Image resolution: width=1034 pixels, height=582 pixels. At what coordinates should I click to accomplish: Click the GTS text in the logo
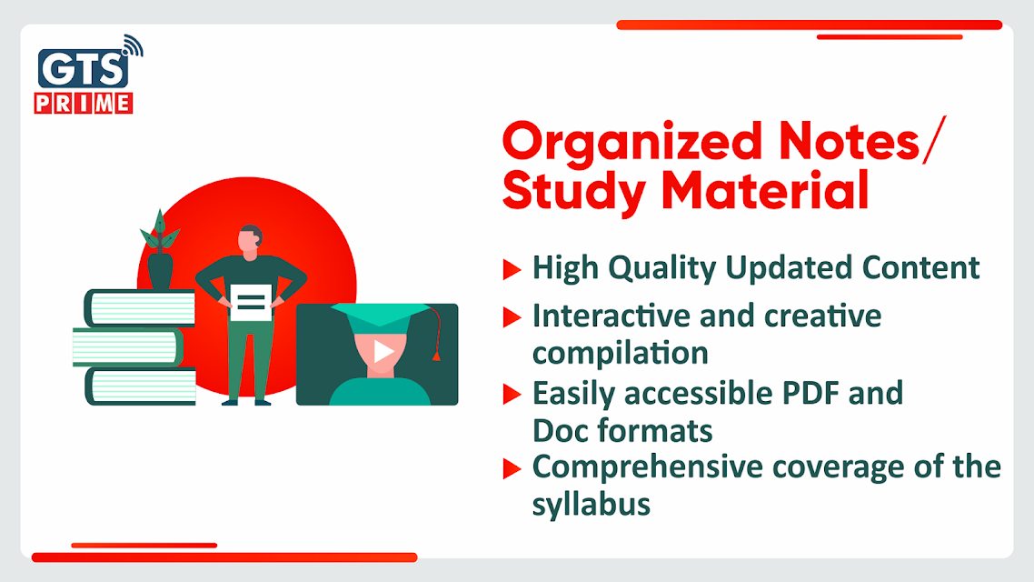point(83,68)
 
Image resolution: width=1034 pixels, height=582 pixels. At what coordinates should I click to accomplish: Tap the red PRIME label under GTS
point(84,104)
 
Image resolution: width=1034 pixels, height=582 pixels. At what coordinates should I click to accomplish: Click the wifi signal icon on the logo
point(133,45)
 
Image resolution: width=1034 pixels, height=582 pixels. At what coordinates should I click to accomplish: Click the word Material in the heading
point(765,191)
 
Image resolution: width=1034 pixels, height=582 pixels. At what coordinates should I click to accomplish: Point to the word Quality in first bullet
point(661,269)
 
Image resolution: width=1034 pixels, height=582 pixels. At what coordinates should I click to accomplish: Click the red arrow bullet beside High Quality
point(512,269)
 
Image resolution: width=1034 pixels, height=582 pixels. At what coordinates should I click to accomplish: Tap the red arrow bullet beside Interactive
point(512,317)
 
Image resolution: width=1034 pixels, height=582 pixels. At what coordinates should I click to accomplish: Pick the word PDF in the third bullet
point(810,394)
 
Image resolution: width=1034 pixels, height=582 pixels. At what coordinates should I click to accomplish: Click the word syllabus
point(592,505)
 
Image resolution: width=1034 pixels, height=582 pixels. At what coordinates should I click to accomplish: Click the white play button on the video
point(383,351)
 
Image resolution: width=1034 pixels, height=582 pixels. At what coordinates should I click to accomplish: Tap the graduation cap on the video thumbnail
point(381,314)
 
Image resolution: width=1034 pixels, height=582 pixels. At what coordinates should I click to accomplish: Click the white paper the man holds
point(251,303)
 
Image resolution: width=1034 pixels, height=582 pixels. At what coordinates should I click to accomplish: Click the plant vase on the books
point(160,271)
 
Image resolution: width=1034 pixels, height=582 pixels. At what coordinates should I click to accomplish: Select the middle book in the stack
point(128,347)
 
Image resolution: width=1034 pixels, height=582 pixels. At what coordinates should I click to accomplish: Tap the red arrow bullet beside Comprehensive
point(512,468)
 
